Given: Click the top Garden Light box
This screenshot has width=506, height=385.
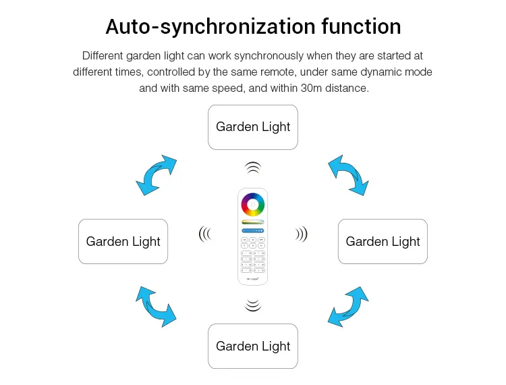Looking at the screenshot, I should click(x=253, y=127).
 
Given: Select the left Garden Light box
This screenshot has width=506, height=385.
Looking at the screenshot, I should click(x=123, y=241).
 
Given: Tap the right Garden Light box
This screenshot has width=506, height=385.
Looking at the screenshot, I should click(x=383, y=241).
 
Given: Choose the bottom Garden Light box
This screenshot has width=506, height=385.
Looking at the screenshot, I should click(x=253, y=346).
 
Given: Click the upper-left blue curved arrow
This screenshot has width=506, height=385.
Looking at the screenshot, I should click(x=156, y=176).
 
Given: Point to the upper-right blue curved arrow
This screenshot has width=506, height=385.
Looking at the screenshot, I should click(x=347, y=175).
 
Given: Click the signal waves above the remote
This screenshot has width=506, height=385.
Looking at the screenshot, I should click(x=252, y=167).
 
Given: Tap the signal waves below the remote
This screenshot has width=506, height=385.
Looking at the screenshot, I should click(x=252, y=305).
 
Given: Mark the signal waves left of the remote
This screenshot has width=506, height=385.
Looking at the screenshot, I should click(x=204, y=234).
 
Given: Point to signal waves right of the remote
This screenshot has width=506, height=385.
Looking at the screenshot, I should click(x=302, y=234).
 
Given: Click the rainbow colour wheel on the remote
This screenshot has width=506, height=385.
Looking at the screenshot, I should click(x=253, y=205).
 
